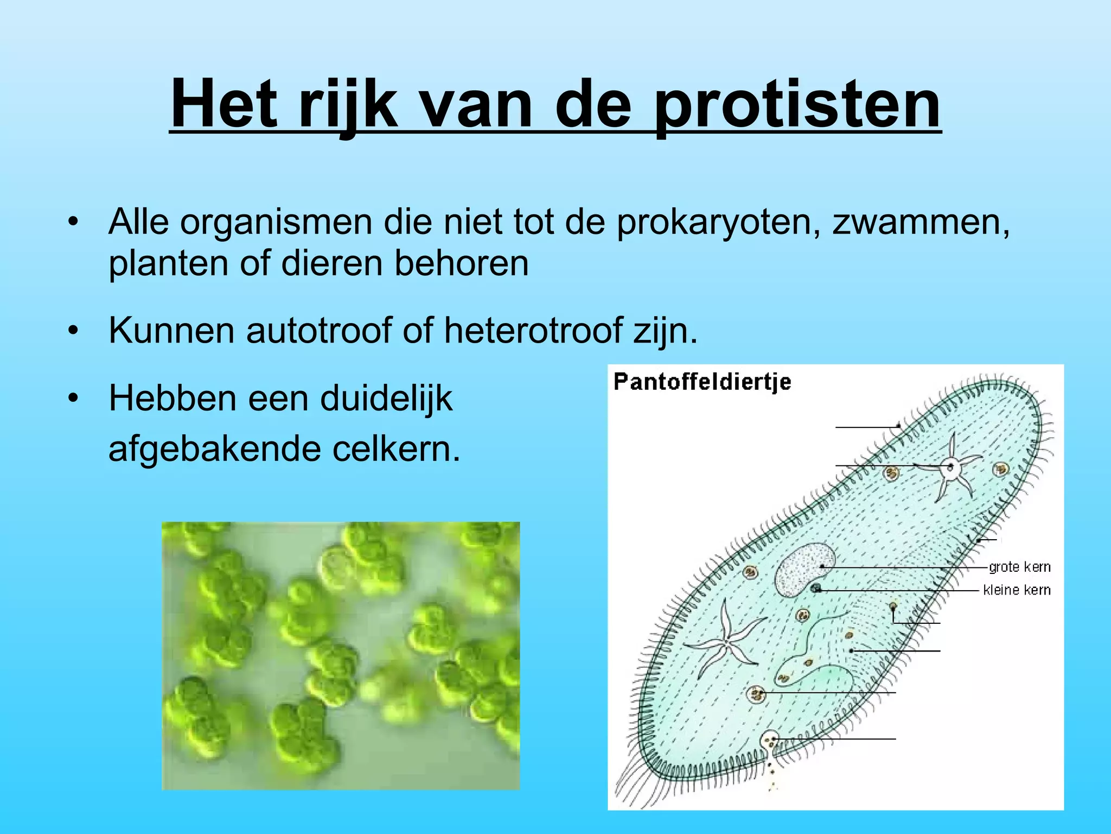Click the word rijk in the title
click(347, 106)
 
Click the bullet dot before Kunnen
click(74, 331)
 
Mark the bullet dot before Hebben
click(74, 399)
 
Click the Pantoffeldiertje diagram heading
click(702, 382)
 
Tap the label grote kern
click(1019, 567)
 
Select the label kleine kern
click(1017, 590)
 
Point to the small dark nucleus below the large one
click(816, 589)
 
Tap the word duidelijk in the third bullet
click(386, 399)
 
